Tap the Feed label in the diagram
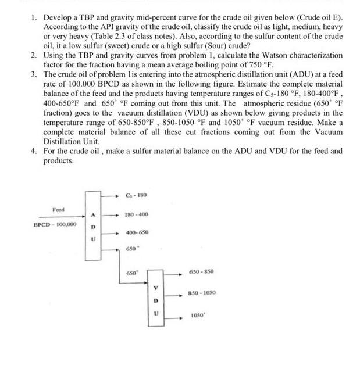coord(58,209)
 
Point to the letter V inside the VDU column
coord(154,289)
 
